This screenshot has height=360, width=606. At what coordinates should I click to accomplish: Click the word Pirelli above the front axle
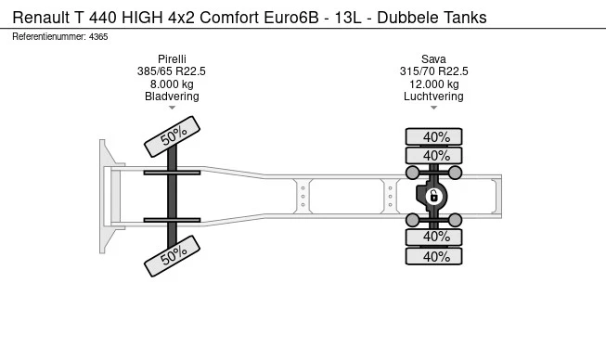172,58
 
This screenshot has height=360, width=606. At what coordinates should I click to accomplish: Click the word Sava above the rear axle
433,58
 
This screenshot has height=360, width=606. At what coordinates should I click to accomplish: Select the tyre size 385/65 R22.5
172,71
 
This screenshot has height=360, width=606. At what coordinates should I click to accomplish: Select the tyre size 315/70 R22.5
433,71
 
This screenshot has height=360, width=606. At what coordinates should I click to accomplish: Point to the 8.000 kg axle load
172,84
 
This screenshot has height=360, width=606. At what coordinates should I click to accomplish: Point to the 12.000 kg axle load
433,84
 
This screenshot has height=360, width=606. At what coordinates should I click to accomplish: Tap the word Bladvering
172,96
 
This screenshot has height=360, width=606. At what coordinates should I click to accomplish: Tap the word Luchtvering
433,96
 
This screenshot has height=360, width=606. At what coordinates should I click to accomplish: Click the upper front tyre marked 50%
173,135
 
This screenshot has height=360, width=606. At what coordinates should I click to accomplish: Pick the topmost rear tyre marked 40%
433,136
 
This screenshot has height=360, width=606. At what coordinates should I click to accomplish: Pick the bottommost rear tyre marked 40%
433,257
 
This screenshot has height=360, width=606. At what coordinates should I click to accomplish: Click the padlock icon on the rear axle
433,196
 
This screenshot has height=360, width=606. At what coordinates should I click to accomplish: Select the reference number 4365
98,36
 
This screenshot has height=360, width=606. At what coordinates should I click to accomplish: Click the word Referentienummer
49,36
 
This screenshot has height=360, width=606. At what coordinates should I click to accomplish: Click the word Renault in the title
40,18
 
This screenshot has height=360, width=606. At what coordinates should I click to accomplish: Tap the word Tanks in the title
463,18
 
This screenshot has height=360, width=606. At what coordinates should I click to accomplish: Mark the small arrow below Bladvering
172,109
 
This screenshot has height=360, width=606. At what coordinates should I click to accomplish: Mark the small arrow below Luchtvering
433,109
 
